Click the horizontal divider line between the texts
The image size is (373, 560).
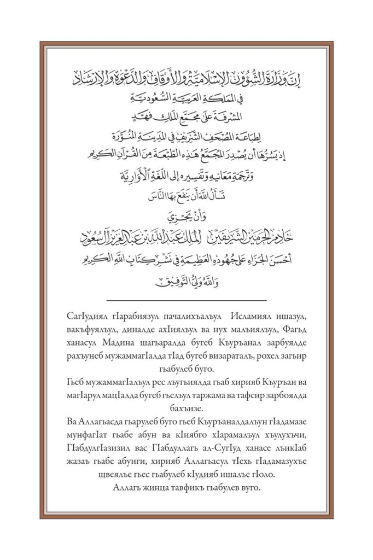pyautogui.click(x=186, y=300)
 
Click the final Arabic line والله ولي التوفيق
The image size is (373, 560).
pyautogui.click(x=186, y=284)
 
